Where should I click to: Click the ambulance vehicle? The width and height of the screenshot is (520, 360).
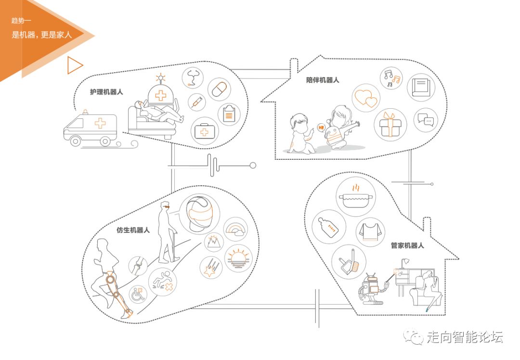tap(91, 129)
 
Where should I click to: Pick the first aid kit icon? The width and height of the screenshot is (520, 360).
tap(205, 131)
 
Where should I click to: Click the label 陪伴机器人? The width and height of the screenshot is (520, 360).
tap(323, 80)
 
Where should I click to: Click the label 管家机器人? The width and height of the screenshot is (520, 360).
tap(407, 245)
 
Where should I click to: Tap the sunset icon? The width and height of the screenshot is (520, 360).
tap(238, 258)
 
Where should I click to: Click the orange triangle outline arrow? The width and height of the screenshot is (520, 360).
tap(75, 65)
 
